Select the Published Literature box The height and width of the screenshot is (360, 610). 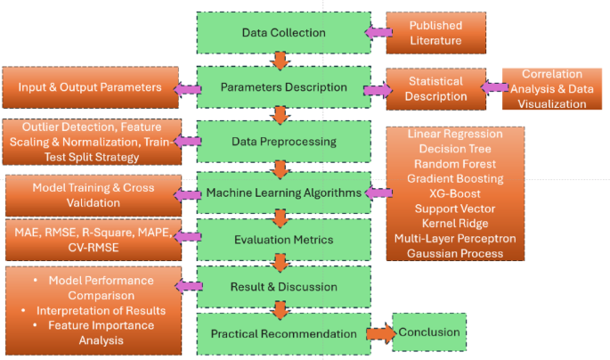point(436,32)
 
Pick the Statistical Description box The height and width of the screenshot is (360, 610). point(431,89)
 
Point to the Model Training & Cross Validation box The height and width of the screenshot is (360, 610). point(92,195)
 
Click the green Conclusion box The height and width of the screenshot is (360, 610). point(429,333)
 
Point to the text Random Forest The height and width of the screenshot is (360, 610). point(454,163)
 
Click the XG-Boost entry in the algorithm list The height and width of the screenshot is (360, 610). point(454,193)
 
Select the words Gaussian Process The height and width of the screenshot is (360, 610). point(454,253)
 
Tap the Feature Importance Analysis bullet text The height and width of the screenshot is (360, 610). point(97,333)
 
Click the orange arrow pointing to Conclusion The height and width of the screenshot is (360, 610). point(377,333)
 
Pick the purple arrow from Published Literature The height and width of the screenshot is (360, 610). point(378,32)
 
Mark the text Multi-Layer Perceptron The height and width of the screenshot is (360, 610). point(454,238)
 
